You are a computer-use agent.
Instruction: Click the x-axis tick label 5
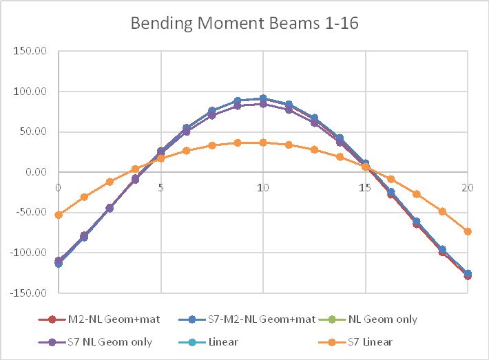161,187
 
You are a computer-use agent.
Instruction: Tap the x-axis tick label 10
262,187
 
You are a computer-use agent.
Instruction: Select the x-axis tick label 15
365,187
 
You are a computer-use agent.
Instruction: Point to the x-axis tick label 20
468,187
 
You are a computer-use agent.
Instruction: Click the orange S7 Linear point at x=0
59,215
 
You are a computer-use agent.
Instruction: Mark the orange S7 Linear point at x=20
468,231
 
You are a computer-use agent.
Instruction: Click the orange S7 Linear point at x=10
262,142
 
